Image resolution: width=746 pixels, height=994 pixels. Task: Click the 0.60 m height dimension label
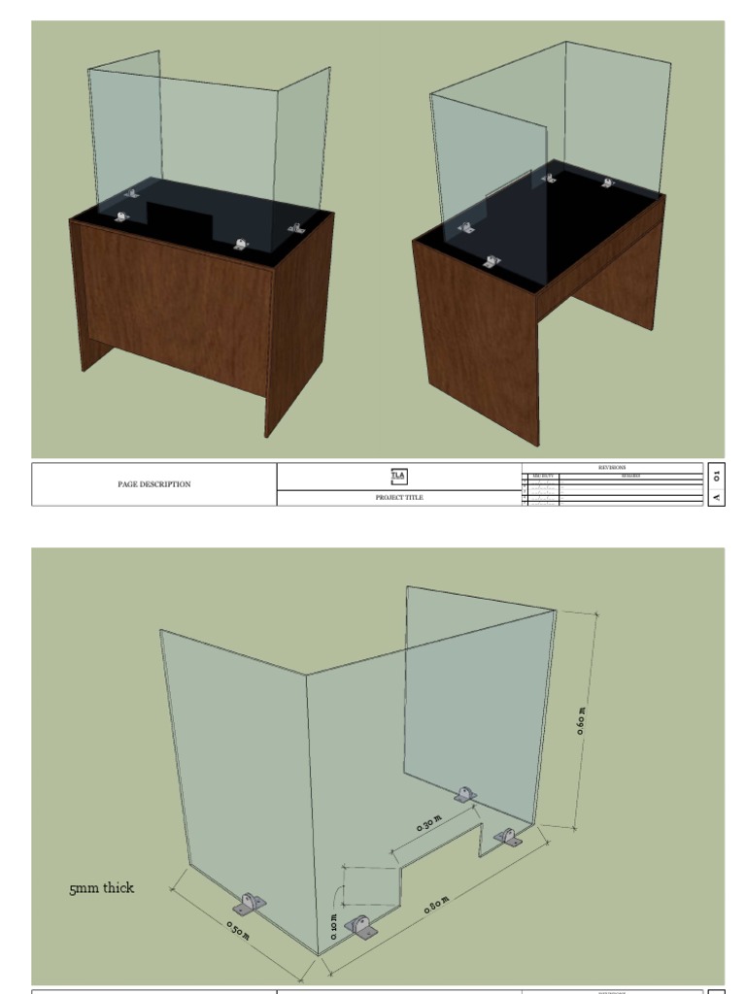tap(581, 719)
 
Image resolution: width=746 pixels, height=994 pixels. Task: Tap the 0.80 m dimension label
tap(437, 907)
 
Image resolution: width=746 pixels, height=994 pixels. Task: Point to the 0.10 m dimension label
tap(334, 925)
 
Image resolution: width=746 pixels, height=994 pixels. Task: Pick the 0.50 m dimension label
tap(238, 929)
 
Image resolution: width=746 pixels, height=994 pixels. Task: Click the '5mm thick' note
tap(101, 888)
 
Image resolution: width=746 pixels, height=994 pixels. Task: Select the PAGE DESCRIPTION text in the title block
tap(153, 484)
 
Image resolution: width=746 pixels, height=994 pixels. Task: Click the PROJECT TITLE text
tap(399, 497)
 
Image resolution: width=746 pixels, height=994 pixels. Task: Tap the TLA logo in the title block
tap(399, 476)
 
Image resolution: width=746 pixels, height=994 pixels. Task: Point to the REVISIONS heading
tap(612, 467)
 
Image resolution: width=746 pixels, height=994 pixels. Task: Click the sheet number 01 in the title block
tap(717, 475)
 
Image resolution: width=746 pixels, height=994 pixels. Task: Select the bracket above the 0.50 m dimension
tap(250, 905)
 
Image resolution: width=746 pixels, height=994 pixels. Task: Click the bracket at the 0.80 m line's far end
tap(507, 836)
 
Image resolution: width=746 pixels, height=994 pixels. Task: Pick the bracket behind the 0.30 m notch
tap(466, 794)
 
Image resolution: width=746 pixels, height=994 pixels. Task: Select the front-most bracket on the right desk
tap(492, 261)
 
